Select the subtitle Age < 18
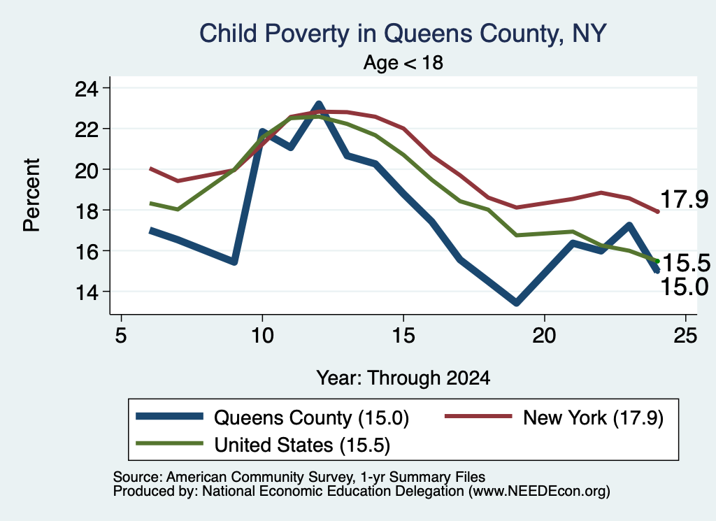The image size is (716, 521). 403,62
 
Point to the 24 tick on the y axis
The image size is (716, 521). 87,88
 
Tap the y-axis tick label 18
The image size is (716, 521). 87,210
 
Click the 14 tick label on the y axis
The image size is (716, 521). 87,292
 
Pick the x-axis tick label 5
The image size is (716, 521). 120,336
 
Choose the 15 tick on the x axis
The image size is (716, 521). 403,336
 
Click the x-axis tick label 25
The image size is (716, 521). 685,336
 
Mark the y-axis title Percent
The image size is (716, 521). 31,195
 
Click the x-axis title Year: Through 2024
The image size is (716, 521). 403,378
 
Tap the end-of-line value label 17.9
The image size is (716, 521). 684,199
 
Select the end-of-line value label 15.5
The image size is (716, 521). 686,263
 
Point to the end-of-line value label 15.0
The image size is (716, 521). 684,287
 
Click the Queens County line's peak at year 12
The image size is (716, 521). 319,105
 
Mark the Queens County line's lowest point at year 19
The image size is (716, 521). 517,302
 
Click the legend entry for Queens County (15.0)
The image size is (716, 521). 272,417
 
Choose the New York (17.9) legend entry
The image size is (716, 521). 554,417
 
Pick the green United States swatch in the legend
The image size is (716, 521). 169,443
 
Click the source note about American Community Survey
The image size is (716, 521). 299,477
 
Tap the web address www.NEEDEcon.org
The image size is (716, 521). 539,492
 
